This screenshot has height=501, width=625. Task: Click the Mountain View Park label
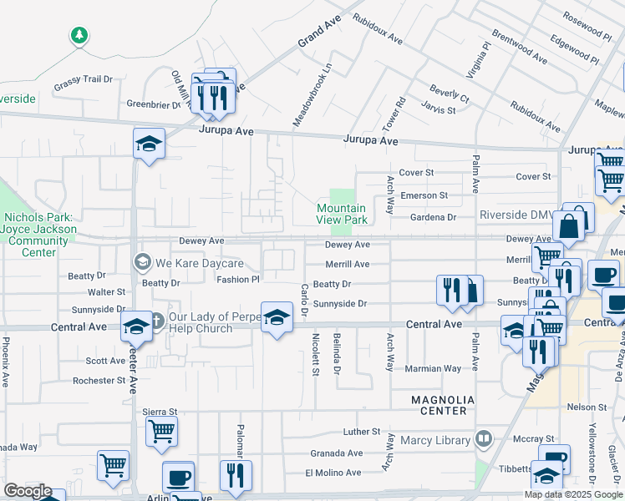coord(341,214)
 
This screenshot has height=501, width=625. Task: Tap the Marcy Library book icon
coord(483,438)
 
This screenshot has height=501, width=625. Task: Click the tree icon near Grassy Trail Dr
coord(79,35)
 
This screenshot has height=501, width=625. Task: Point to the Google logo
coord(28,491)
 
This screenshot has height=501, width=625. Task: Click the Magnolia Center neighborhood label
coord(443,405)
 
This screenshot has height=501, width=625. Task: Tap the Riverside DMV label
coord(515,215)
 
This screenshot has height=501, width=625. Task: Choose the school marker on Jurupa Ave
coord(149,144)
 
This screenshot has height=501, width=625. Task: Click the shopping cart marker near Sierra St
coord(161,432)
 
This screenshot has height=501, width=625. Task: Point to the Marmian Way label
coord(433,368)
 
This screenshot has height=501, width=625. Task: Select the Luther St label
coord(362,432)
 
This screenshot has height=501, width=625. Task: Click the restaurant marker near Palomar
coord(236,474)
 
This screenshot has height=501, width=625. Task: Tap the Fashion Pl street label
coord(238,280)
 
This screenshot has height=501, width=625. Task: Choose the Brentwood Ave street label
coord(519,48)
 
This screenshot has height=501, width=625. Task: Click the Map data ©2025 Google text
coord(573,494)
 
